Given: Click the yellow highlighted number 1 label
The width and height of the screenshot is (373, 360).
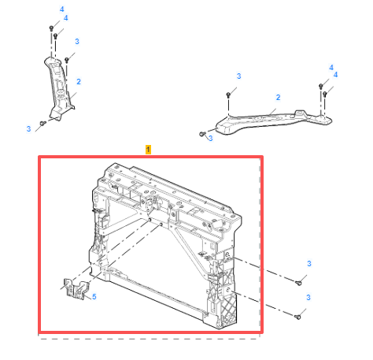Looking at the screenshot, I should [149, 148].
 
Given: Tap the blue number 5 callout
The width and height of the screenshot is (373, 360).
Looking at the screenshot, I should [94, 297].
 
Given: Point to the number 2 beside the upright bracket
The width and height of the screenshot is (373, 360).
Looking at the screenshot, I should [79, 81].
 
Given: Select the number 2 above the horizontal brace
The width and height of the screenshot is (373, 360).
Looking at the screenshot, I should [277, 98].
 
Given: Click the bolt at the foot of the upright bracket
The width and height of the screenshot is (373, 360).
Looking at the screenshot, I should [43, 123].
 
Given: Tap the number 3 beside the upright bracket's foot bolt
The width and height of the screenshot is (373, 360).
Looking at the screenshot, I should [28, 128].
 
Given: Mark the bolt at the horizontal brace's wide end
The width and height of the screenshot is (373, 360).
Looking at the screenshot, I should [204, 135].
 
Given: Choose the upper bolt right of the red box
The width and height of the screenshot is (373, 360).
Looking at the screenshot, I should [300, 281].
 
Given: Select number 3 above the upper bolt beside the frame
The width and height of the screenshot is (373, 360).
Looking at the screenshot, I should [309, 263].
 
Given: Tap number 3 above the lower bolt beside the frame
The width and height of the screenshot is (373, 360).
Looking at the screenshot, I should [308, 297].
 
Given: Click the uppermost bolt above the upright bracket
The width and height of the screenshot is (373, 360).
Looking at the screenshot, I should [52, 27].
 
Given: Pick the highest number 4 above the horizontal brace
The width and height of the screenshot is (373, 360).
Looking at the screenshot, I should [331, 67].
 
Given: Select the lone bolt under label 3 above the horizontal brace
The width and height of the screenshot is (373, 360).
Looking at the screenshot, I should [228, 95].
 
